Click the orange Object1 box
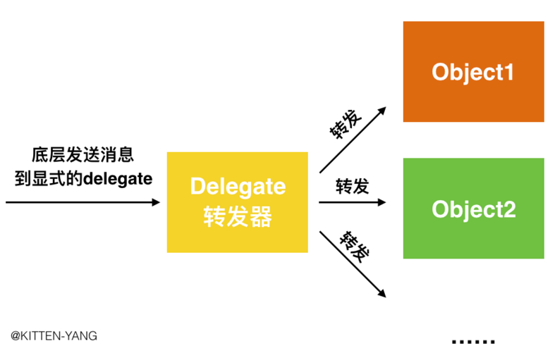pos(473,71)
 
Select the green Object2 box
pos(473,209)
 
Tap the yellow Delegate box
pos(237,202)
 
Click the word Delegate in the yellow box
pos(238,187)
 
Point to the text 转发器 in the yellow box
pos(238,217)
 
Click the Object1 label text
pos(473,72)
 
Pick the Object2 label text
pos(473,209)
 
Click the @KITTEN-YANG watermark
pos(54,336)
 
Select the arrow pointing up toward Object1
pos(352,139)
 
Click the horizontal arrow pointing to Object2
pos(352,203)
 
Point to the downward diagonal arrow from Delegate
pos(352,265)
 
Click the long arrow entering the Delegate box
pos(82,203)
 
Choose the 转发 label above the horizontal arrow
pos(352,186)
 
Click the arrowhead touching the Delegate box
pos(156,203)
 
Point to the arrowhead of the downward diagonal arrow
pos(381,294)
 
